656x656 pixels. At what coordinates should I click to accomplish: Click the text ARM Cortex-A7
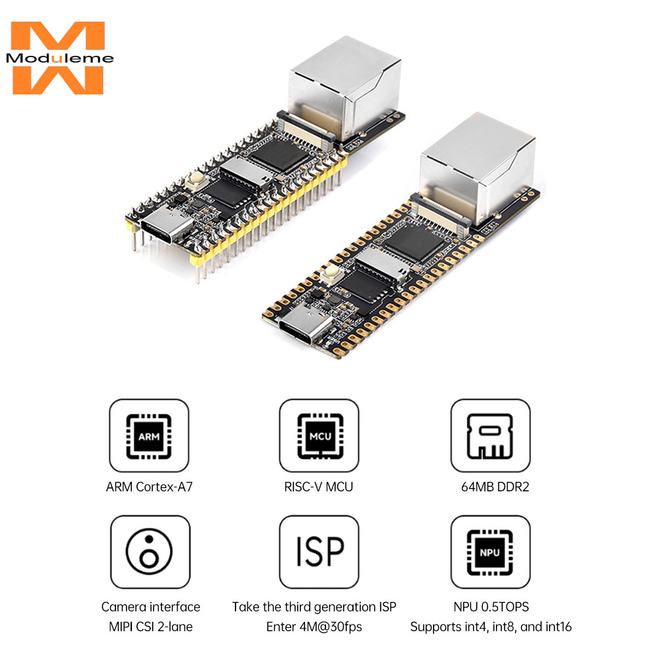click(x=149, y=487)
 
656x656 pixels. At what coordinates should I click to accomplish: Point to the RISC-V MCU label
click(x=319, y=487)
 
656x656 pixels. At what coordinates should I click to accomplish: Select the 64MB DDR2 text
click(x=490, y=487)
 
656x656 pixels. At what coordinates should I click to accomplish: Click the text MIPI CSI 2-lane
click(x=150, y=626)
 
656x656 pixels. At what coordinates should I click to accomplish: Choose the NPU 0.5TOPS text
click(x=490, y=607)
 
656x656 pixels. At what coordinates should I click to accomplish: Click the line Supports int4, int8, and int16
click(x=491, y=626)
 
